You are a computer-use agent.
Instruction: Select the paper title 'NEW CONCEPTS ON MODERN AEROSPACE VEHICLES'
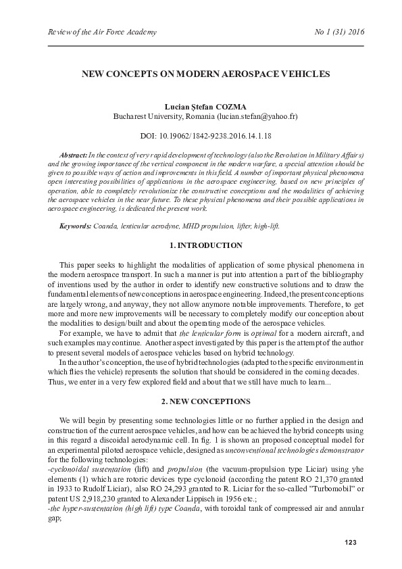[205, 72]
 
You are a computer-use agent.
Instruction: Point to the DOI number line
[205, 136]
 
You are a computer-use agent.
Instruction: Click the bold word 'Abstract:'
[74, 155]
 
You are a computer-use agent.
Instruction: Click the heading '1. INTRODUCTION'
[205, 245]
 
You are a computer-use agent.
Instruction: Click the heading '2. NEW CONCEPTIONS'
[205, 401]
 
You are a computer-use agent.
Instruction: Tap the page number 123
[350, 543]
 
